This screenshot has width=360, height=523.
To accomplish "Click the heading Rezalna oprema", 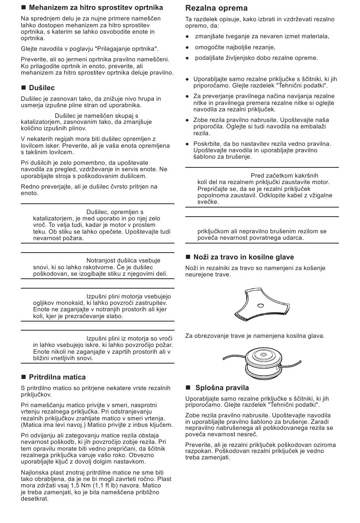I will pyautogui.click(x=216, y=8).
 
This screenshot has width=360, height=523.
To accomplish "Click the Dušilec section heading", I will pyautogui.click(x=42, y=88).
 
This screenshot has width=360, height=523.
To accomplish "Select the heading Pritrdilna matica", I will pyautogui.click(x=57, y=377).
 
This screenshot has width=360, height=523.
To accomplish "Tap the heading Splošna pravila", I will pyautogui.click(x=222, y=388).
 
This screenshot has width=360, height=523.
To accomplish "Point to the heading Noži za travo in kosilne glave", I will pyautogui.click(x=244, y=257).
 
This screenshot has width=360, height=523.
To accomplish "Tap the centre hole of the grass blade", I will pyautogui.click(x=260, y=305).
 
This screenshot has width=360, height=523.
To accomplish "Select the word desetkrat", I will pyautogui.click(x=35, y=499).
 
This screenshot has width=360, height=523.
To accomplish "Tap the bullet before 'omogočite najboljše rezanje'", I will pyautogui.click(x=187, y=47).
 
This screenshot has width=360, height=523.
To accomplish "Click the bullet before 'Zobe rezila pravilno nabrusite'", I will pyautogui.click(x=187, y=120).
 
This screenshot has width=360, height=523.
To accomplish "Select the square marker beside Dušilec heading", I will pyautogui.click(x=23, y=88).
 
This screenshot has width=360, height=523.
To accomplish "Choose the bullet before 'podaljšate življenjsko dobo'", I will pyautogui.click(x=187, y=58).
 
